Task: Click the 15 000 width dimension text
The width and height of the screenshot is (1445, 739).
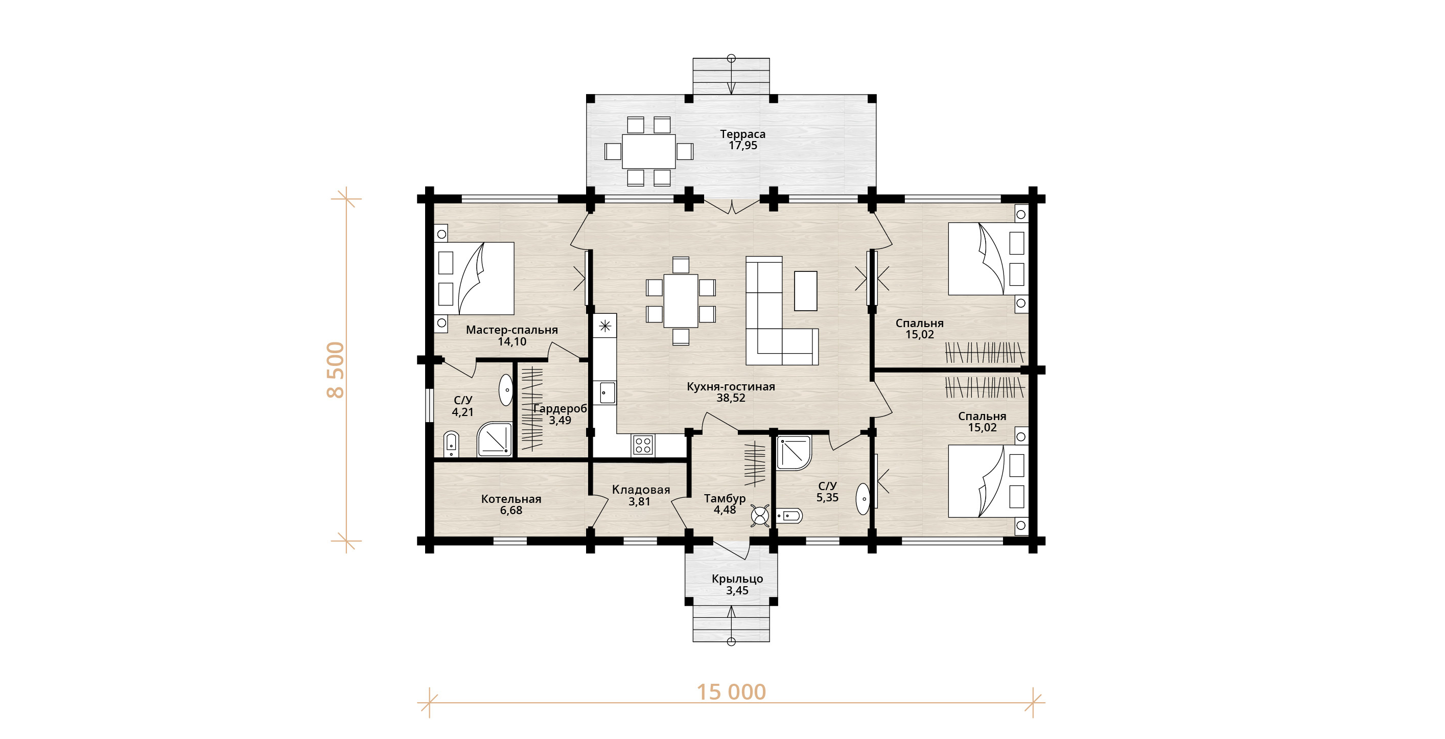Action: coord(731,692)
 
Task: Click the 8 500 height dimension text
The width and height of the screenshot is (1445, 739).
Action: coord(335,370)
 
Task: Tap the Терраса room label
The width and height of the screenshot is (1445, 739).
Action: coord(743,134)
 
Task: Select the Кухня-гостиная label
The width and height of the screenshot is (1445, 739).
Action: coord(731,386)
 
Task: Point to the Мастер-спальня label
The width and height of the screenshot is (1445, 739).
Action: coord(511,330)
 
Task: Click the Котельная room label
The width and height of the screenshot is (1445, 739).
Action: coord(511,499)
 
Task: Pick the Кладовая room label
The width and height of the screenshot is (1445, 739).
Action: coord(641,490)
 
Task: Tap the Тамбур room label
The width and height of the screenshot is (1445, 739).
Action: coord(725,498)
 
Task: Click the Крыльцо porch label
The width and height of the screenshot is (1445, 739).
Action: coord(737,579)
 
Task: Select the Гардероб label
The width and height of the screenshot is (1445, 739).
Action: coord(560,408)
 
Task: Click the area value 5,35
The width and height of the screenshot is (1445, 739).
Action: coord(827,498)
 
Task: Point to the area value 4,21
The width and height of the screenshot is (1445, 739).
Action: coord(463,412)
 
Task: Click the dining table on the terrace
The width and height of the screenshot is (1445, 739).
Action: coord(648,151)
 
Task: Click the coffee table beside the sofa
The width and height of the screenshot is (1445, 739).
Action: coord(805,290)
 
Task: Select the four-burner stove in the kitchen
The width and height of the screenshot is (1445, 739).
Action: coord(643,446)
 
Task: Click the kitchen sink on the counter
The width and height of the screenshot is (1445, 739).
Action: coord(608,392)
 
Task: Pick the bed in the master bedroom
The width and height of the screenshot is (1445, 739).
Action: coord(475,279)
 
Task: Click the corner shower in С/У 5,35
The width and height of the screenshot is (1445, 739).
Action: coord(794,452)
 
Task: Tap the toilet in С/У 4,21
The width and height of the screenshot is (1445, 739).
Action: coord(451,443)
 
